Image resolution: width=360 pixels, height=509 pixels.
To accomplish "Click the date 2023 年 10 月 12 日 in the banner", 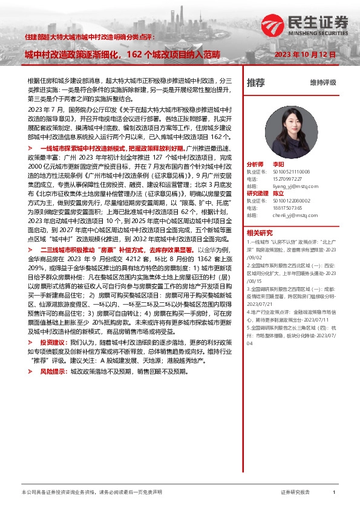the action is click(x=306, y=54).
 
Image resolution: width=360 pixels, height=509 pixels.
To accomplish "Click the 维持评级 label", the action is click(x=322, y=82).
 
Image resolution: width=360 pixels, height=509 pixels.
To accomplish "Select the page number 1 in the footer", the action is click(x=334, y=493).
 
